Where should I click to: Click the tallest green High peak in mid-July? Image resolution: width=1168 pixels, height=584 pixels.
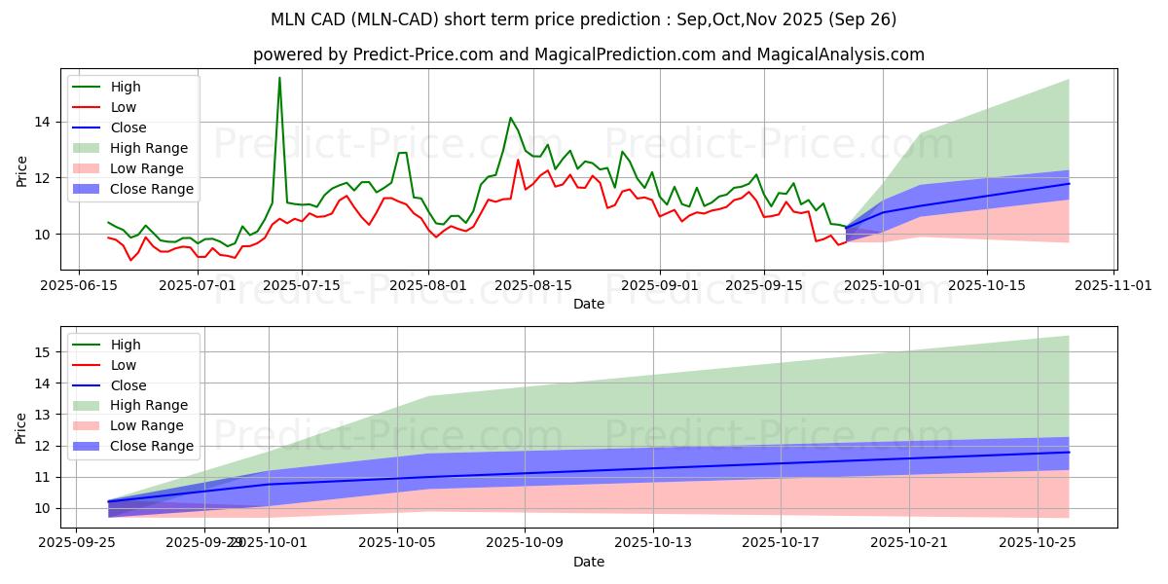coord(279,78)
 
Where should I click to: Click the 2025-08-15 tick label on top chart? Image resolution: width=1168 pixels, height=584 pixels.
coord(531,285)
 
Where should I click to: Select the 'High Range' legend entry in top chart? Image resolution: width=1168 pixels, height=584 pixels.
coord(149,148)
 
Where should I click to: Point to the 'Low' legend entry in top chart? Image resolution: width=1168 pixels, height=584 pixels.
coord(124,107)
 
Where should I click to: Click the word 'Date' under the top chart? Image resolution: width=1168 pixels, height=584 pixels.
coord(588,304)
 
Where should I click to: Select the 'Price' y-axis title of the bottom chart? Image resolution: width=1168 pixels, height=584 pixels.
coord(22,427)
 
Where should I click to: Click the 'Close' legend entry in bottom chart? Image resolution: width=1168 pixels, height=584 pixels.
coord(129,385)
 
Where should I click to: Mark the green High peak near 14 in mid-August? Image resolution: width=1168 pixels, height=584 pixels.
coord(510,118)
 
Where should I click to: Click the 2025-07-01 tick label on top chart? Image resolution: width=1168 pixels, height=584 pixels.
coord(197,285)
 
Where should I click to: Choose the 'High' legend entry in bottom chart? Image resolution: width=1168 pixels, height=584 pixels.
coord(126,345)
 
